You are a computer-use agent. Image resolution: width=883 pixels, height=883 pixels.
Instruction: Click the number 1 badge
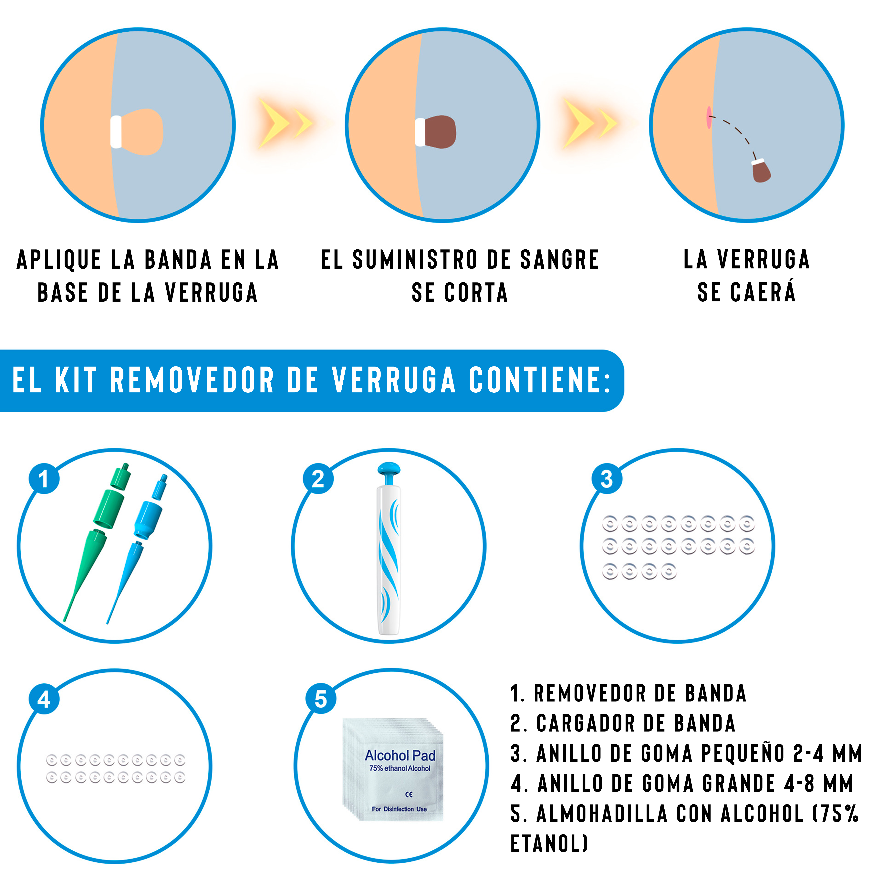pyautogui.click(x=44, y=479)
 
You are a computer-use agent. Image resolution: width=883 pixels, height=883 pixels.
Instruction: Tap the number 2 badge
pyautogui.click(x=318, y=479)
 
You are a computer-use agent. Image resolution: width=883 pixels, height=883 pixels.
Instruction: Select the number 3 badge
pyautogui.click(x=607, y=479)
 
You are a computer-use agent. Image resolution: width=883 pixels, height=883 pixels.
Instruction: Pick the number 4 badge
pyautogui.click(x=44, y=699)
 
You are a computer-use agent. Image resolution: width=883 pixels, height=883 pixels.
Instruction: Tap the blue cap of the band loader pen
pyautogui.click(x=389, y=471)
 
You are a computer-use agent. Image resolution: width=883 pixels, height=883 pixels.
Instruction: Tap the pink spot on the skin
pyautogui.click(x=709, y=118)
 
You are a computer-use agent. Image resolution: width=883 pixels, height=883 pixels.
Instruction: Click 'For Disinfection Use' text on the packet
pyautogui.click(x=399, y=809)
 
